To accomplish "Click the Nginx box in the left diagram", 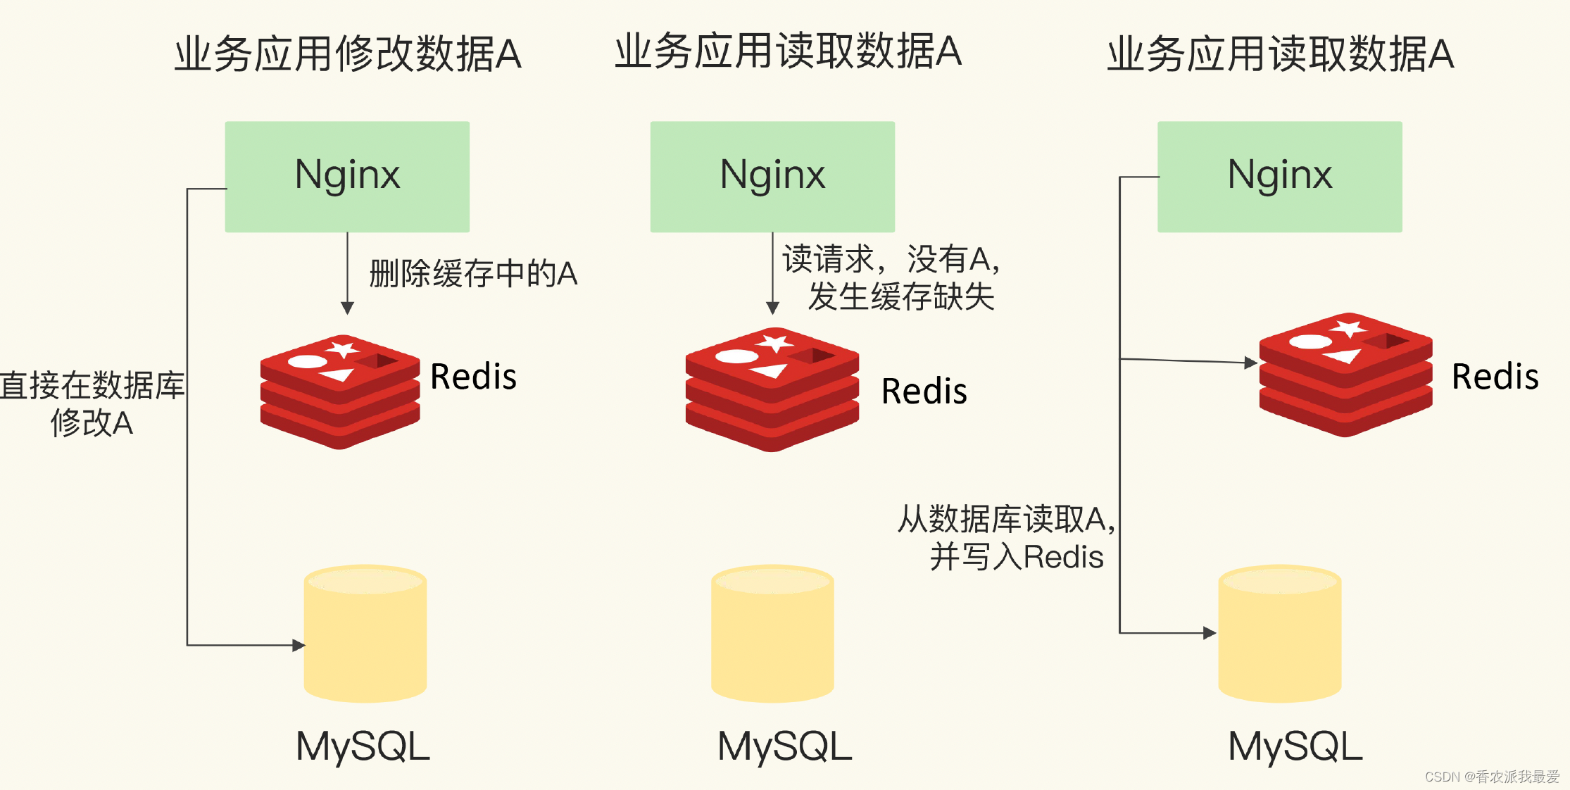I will pos(347,176).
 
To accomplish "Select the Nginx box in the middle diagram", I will pos(772,176).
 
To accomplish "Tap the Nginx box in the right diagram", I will pos(1279,176).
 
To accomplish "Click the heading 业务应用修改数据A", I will pos(348,54).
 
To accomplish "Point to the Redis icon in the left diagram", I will pos(340,391).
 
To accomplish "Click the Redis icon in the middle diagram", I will pos(772,389).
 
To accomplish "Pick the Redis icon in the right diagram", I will pos(1345,375).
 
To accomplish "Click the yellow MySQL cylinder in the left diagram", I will pos(365,634).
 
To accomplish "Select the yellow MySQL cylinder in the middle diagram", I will pos(772,634).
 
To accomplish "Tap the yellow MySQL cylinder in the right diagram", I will pos(1279,634).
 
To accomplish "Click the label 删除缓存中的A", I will pos(473,274).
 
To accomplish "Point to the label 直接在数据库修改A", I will pos(92,404).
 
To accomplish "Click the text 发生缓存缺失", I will pos(901,296).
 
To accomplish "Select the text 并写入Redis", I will pos(1016,557).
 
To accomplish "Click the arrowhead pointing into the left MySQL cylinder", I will pos(299,645).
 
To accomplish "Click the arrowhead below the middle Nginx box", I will pos(772,308).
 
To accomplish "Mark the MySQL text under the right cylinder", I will pos(1295,746).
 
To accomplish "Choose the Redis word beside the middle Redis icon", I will pos(924,391).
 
